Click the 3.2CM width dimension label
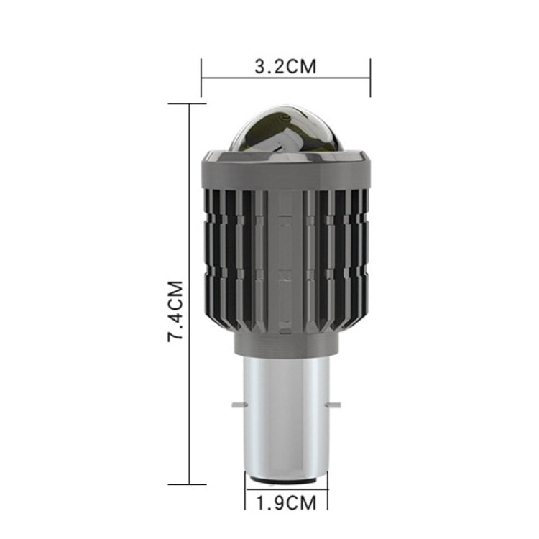[285, 68]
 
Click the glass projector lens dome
[285, 129]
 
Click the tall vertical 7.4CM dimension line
[189, 216]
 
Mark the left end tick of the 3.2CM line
[201, 78]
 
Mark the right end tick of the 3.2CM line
[370, 78]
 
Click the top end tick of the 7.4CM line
[189, 103]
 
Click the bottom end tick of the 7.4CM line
[189, 484]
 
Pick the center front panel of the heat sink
[285, 259]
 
